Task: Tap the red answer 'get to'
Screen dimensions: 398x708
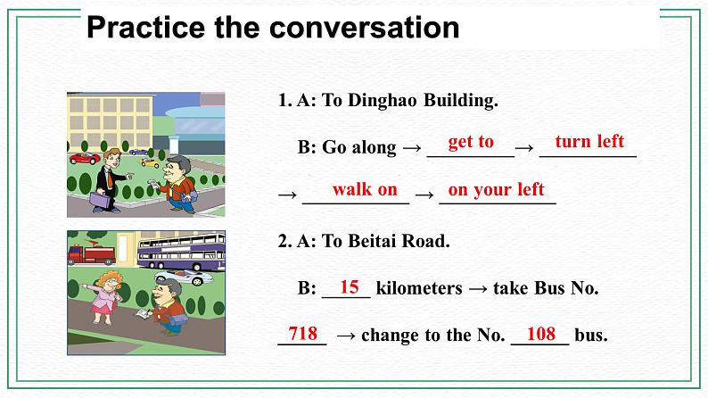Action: click(470, 141)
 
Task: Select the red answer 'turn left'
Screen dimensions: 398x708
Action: click(589, 141)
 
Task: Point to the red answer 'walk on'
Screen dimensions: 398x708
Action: click(365, 189)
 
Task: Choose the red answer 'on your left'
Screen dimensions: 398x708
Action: click(496, 189)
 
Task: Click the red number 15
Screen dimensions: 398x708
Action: click(350, 286)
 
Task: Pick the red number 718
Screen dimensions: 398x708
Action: click(303, 334)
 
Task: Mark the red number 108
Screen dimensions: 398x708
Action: click(541, 334)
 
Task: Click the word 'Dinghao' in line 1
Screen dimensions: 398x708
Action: click(380, 100)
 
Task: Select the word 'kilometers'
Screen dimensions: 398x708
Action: click(419, 288)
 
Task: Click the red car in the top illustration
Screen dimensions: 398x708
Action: click(84, 159)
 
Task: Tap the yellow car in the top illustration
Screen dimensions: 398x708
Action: click(148, 162)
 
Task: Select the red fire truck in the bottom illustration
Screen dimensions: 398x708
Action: click(94, 253)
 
